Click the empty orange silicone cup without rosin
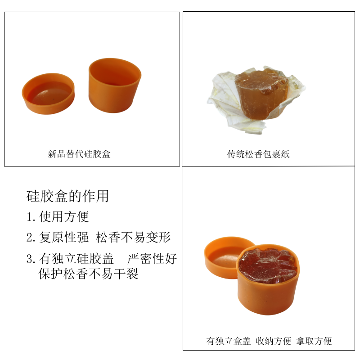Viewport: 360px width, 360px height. click(115, 85)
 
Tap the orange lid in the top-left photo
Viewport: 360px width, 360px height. click(48, 94)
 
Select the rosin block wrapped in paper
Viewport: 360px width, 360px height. click(261, 94)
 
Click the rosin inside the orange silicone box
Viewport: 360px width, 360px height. click(267, 264)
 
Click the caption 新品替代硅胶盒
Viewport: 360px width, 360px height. click(79, 154)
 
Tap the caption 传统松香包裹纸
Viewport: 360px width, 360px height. click(258, 154)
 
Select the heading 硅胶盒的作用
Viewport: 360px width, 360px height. click(67, 196)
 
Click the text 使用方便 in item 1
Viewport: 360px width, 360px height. click(64, 216)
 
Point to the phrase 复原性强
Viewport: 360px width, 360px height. click(64, 237)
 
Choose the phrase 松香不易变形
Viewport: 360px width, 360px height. click(133, 237)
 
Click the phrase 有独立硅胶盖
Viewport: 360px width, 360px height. click(76, 259)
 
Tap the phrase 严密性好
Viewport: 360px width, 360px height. click(152, 259)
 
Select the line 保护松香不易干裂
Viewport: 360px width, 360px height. click(88, 274)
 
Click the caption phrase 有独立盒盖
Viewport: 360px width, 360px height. click(229, 341)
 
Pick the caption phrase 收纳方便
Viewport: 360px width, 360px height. click(274, 341)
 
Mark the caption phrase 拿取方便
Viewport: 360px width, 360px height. click(314, 341)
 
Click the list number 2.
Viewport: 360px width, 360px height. click(31, 238)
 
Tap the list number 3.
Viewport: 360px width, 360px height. click(31, 259)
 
